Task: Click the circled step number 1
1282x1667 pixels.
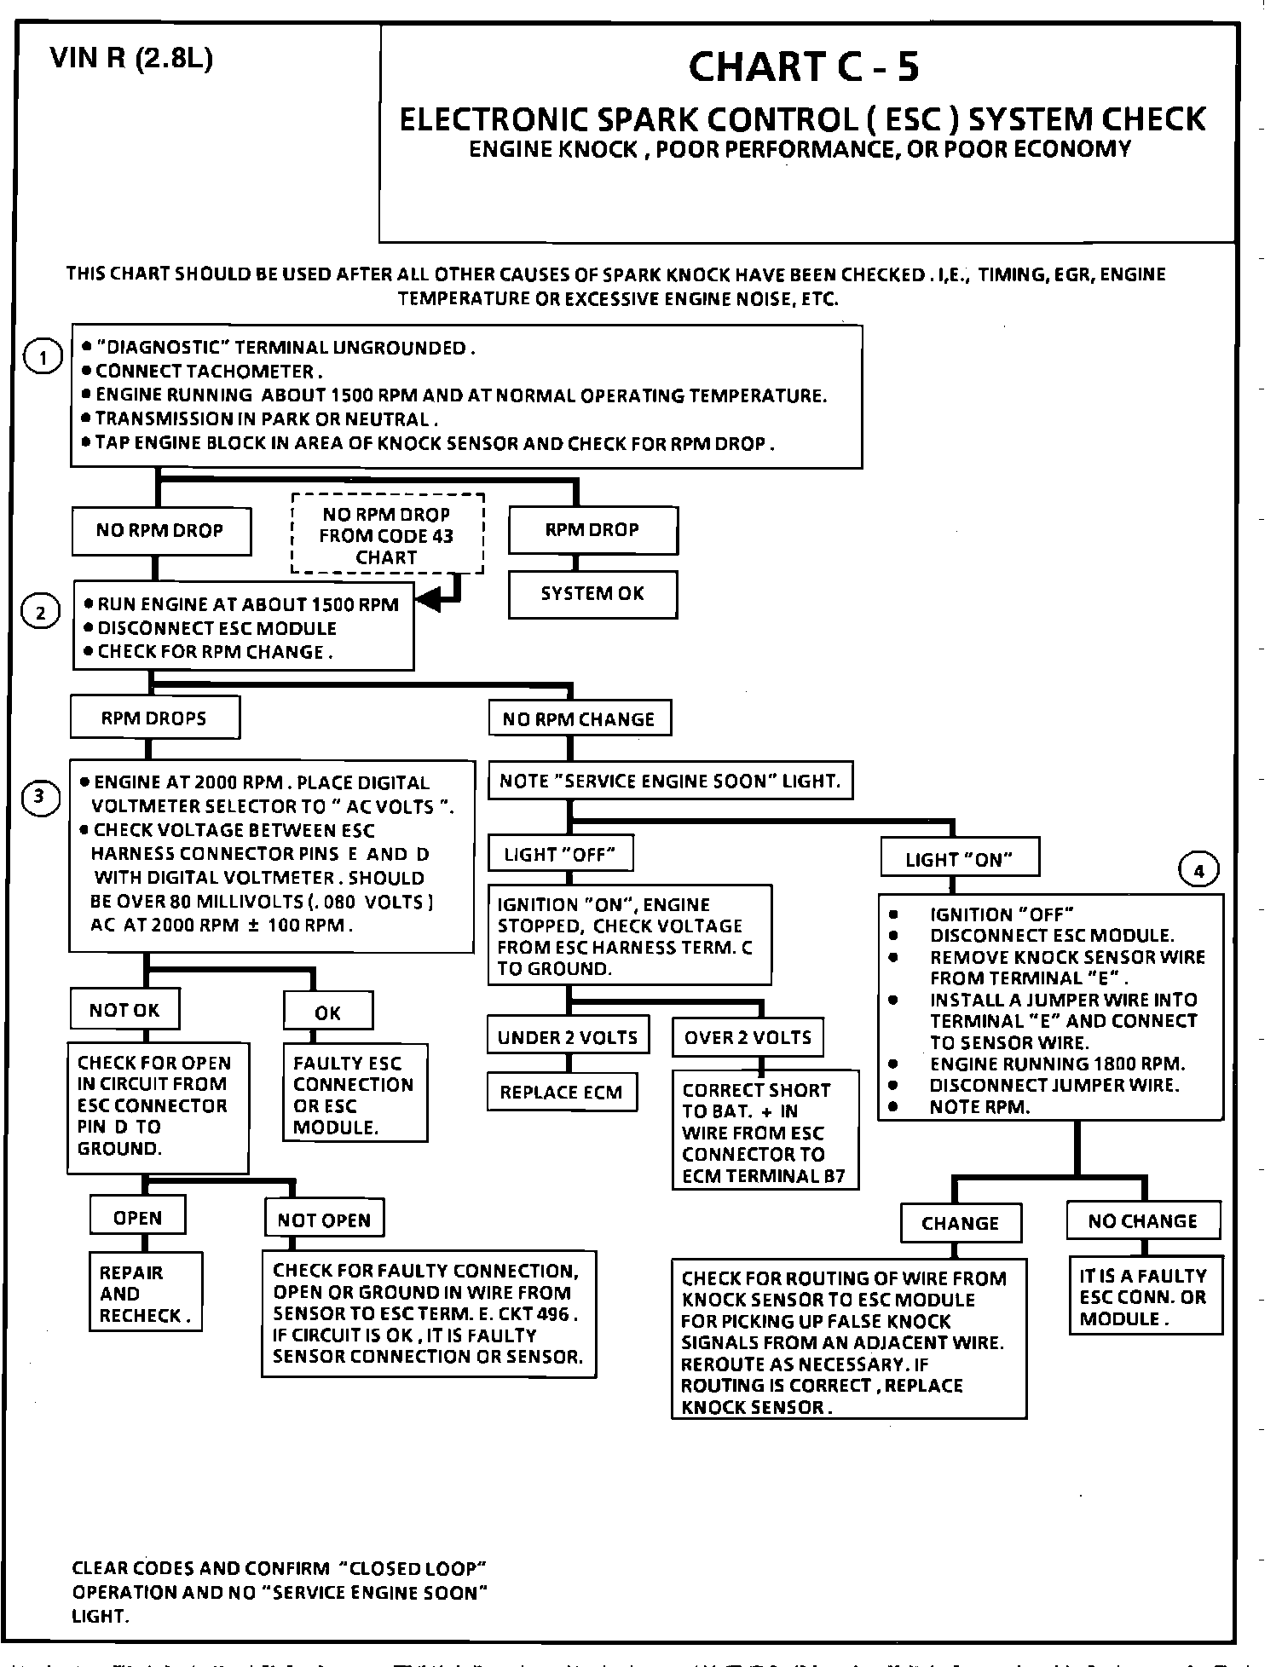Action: (x=42, y=357)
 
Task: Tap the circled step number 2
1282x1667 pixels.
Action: (x=41, y=612)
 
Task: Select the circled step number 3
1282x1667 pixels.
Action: (x=41, y=798)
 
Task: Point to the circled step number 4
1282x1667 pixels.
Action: (x=1198, y=871)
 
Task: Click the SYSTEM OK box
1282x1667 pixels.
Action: (x=592, y=594)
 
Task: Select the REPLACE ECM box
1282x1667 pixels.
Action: (x=562, y=1093)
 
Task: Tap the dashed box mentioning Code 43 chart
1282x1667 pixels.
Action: (x=387, y=535)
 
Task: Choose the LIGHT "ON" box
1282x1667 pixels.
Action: (x=960, y=859)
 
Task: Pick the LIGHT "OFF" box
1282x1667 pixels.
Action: (x=560, y=854)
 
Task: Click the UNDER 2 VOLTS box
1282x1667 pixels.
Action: (x=568, y=1037)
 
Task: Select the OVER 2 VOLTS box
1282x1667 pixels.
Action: (x=748, y=1037)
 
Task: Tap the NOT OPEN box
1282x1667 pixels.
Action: (x=324, y=1220)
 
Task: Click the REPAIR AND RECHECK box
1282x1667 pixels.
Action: (x=146, y=1294)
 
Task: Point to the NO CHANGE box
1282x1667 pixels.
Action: (x=1142, y=1221)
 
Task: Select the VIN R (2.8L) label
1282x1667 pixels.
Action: (x=131, y=58)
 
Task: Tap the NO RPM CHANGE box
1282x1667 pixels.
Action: (x=579, y=719)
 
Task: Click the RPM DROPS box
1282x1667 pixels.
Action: (x=154, y=718)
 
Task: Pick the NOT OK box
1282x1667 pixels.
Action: (x=124, y=1010)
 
